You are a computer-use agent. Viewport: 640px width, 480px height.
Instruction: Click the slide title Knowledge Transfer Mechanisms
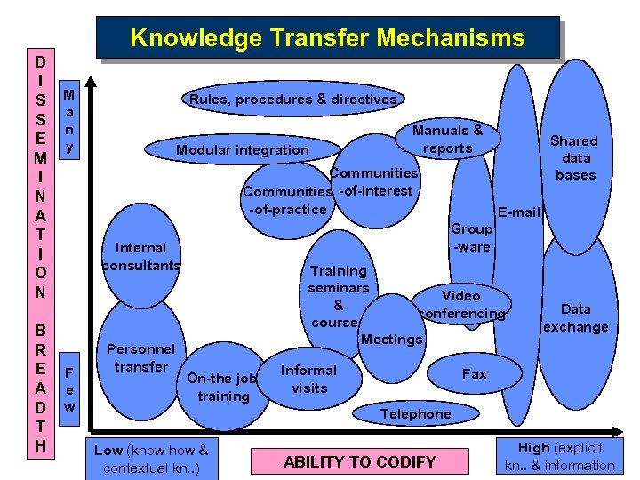tap(328, 38)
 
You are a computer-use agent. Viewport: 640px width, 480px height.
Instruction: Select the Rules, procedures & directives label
tap(293, 100)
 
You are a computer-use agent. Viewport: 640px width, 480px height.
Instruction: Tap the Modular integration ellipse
tap(242, 149)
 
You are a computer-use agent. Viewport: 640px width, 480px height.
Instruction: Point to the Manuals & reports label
tap(448, 140)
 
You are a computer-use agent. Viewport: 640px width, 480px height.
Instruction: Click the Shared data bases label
tap(574, 157)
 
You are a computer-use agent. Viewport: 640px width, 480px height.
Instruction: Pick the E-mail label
tap(520, 212)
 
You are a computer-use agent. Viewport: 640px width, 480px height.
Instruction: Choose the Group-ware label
tap(471, 237)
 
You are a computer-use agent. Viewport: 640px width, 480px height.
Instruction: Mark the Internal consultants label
tap(140, 256)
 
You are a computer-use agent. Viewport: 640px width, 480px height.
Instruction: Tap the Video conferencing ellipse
tap(461, 304)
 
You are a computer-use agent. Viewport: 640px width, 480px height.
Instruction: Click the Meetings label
tap(392, 339)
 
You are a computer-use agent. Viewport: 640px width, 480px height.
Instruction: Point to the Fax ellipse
tap(475, 373)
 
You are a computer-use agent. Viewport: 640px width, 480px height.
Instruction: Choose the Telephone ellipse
tap(416, 413)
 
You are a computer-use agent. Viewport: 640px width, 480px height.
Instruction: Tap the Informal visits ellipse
tap(308, 379)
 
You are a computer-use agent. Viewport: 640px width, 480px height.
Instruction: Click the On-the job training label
tap(222, 387)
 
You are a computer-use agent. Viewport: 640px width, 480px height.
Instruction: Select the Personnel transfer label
tap(140, 357)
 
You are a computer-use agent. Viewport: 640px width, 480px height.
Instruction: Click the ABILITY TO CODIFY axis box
tap(359, 460)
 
